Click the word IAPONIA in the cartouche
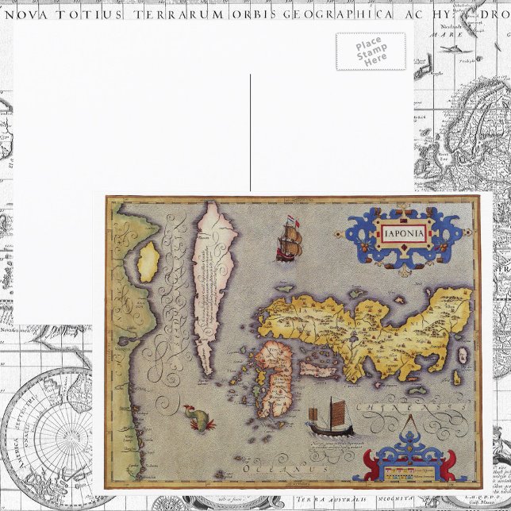(404, 234)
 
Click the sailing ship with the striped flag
(288, 239)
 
